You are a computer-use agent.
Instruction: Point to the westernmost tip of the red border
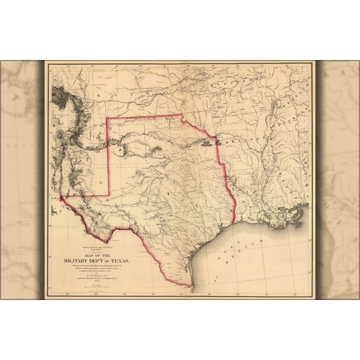[x=62, y=197]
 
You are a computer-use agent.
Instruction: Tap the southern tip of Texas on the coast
[x=192, y=288]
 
